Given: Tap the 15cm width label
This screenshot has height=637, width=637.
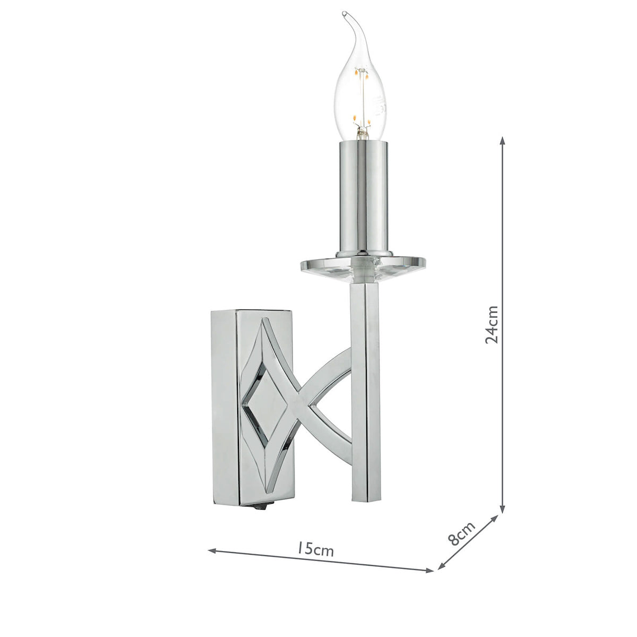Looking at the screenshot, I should (x=315, y=548).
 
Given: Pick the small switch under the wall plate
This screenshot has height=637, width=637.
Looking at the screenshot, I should (x=273, y=508).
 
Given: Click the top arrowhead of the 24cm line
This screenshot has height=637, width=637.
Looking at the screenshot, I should (x=502, y=139).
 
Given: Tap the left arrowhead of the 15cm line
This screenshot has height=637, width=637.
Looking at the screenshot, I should (x=211, y=550).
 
